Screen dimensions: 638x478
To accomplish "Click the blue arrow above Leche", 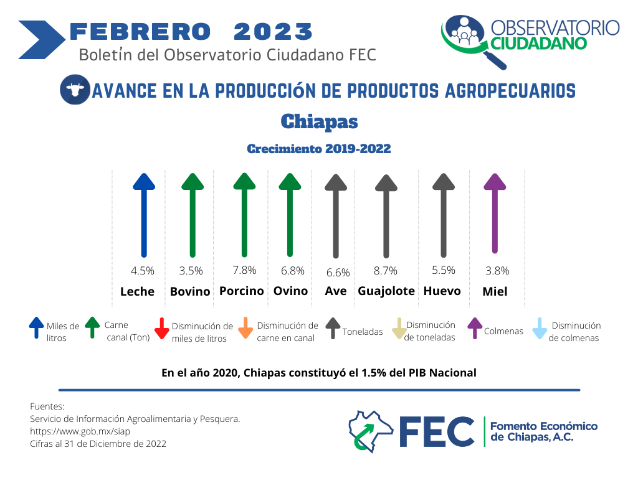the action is [144, 215].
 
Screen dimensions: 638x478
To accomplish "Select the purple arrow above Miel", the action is [495, 213].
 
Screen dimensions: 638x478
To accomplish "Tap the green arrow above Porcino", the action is [244, 215].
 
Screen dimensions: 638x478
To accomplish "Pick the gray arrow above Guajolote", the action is [386, 216].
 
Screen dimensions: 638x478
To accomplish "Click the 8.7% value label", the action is [385, 271].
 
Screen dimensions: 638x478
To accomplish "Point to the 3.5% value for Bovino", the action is [191, 271].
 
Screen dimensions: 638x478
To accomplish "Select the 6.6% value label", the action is [338, 273].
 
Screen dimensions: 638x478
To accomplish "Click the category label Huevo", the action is [442, 291].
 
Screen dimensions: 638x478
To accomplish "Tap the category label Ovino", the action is [290, 291].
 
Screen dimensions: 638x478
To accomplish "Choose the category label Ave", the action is [336, 291].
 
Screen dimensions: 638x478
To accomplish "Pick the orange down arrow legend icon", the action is [245, 328].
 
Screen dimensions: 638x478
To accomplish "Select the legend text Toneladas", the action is [363, 332].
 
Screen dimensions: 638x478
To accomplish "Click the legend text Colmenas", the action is [503, 331].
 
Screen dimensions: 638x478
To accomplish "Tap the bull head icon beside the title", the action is [75, 90].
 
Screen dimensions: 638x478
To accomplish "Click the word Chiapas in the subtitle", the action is [320, 121].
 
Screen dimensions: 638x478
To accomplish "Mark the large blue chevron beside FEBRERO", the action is [42, 40].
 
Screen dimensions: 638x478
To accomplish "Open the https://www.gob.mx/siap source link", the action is [80, 431].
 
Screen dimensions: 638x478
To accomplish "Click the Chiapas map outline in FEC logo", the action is [371, 431].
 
